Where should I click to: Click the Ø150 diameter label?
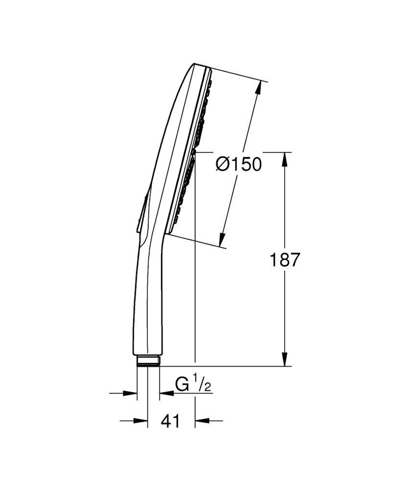click(x=239, y=165)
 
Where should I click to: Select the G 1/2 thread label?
click(x=192, y=384)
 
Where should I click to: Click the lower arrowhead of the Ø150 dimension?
click(x=223, y=240)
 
